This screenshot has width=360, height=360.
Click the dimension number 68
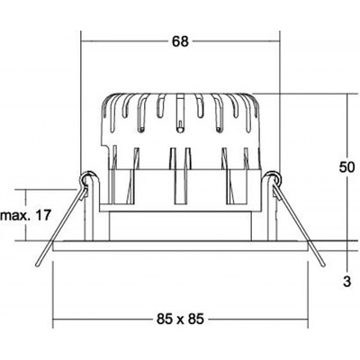coord(180,41)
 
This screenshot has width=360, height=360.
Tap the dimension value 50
coord(347,167)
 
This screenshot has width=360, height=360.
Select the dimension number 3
coord(346,282)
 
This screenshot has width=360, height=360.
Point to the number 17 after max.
coord(42,215)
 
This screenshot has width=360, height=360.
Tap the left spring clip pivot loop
coord(87,178)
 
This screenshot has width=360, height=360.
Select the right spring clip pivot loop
coord(274,178)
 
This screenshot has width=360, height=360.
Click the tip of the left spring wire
coord(38,265)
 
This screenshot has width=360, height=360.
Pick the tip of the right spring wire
coord(323,265)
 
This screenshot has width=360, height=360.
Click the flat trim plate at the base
coord(180,246)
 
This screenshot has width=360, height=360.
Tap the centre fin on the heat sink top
coord(180,112)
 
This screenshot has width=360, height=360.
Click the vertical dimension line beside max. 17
coord(26,215)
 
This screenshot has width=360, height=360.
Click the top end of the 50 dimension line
coord(347,94)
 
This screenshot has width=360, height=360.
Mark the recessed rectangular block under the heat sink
coord(180,226)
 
